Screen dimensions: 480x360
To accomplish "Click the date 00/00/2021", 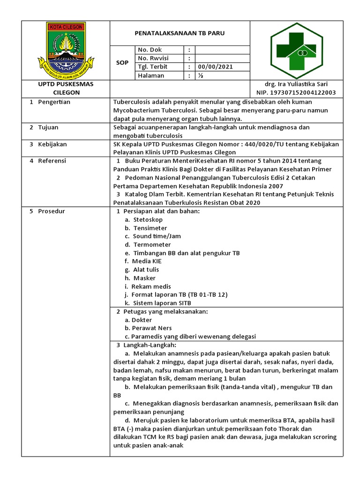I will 216,67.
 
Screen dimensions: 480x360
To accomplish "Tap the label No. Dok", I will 150,50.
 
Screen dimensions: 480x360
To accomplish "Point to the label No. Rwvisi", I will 153,58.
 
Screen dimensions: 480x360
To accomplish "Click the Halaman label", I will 151,75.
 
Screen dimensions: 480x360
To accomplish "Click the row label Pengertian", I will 54,102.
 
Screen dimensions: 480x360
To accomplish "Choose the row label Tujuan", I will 48,127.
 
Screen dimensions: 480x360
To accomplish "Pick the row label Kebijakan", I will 52,144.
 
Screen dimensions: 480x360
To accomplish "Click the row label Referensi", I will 52,161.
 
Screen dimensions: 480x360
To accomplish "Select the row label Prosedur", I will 52,211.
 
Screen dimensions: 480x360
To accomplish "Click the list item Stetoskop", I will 148,219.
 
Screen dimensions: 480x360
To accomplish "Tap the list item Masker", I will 144,278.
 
